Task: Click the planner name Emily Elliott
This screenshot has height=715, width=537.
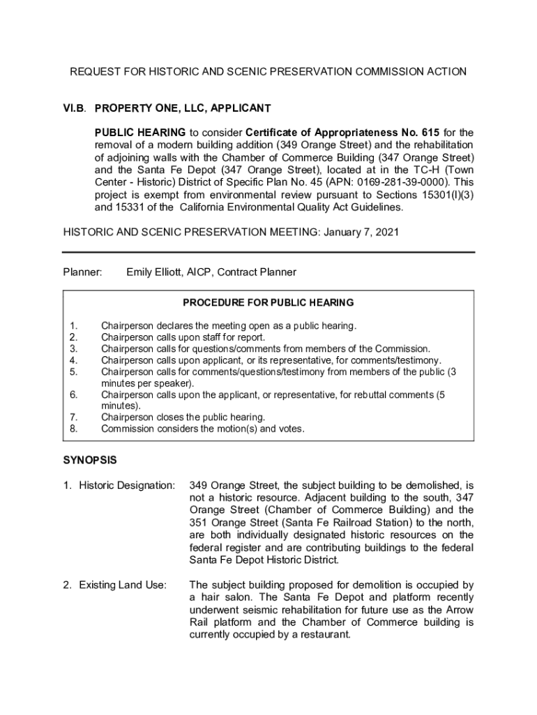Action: click(x=160, y=272)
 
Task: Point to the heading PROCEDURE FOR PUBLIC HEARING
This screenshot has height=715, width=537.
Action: click(x=268, y=303)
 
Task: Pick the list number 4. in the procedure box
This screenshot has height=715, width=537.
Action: click(x=73, y=360)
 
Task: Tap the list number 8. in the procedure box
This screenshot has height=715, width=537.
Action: click(x=73, y=429)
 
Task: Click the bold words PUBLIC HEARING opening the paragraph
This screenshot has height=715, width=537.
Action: click(x=140, y=132)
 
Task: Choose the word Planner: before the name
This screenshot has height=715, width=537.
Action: click(x=83, y=272)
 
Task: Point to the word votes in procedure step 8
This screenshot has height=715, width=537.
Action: click(x=290, y=429)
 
